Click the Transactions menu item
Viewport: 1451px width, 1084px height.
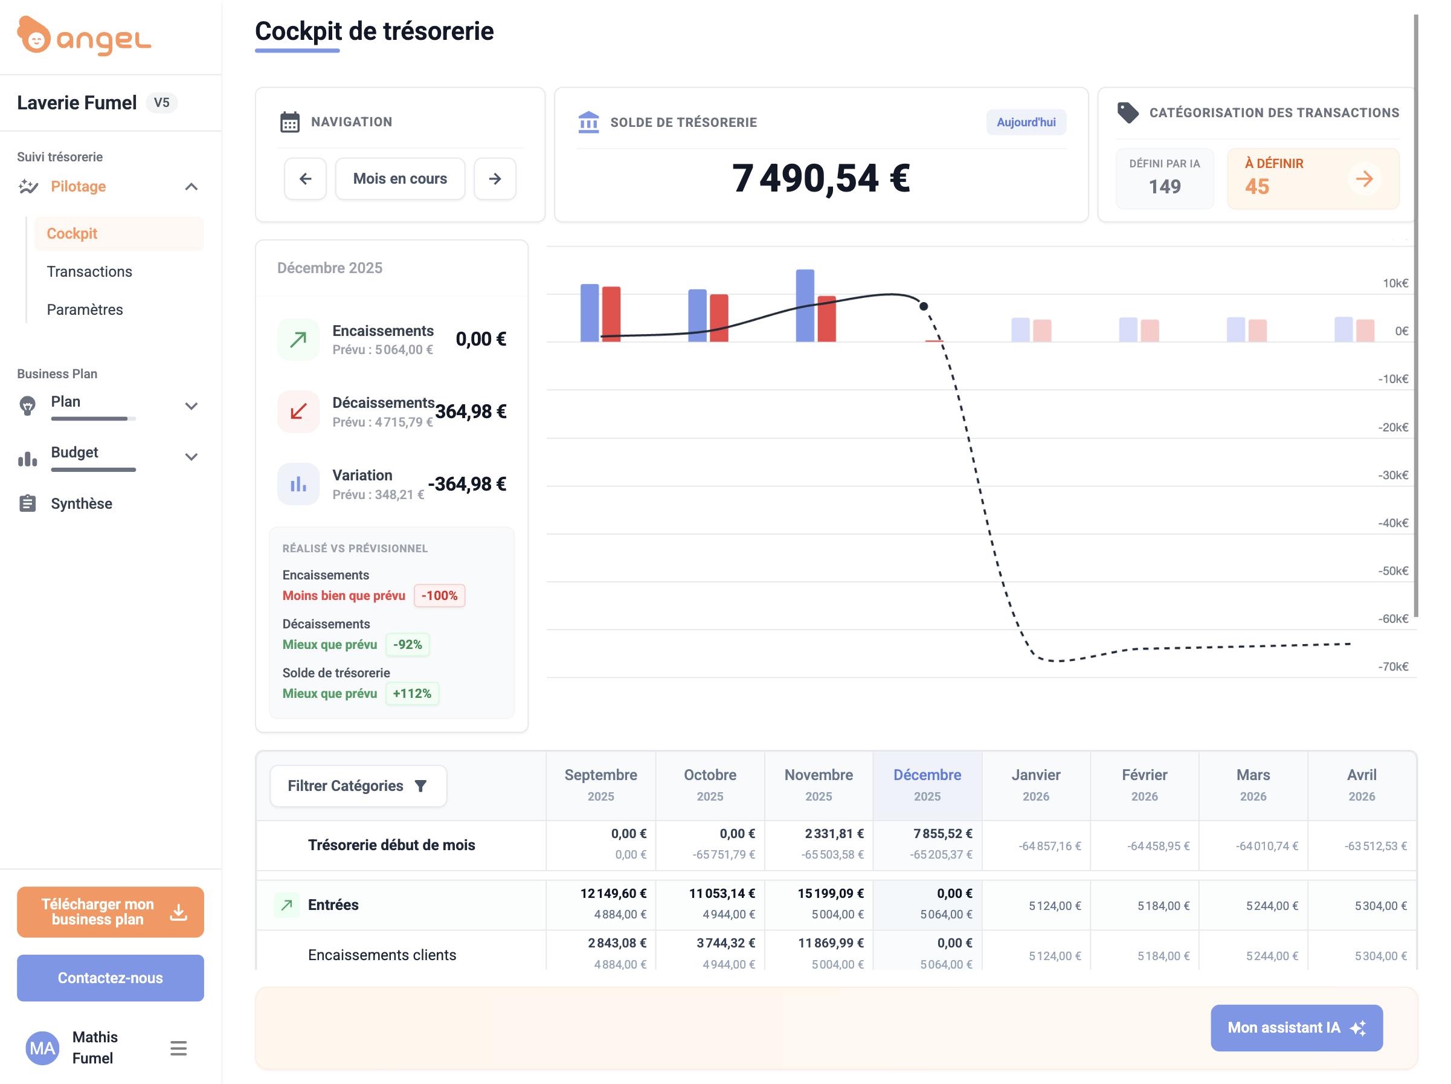click(89, 272)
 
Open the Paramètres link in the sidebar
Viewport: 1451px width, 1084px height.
click(85, 310)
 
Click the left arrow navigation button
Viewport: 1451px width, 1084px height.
click(305, 178)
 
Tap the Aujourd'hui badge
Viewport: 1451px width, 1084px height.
click(1025, 122)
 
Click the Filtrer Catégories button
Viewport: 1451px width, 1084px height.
click(358, 786)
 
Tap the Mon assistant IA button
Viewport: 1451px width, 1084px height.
click(1296, 1028)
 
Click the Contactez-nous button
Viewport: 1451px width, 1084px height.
click(110, 978)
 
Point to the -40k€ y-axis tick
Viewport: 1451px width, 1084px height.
click(1392, 523)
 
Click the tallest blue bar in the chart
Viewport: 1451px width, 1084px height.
click(805, 305)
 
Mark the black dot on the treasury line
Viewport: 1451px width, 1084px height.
click(924, 306)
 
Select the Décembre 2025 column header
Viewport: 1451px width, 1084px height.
click(927, 785)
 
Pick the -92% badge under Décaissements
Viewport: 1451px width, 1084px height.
click(407, 644)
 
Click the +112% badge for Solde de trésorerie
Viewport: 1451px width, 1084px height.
click(412, 694)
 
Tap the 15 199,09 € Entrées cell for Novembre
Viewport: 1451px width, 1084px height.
click(831, 893)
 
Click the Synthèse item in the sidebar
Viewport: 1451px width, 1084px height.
click(82, 503)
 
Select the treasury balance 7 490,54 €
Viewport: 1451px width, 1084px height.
click(820, 178)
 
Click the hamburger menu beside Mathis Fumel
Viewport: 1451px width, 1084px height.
click(178, 1048)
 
